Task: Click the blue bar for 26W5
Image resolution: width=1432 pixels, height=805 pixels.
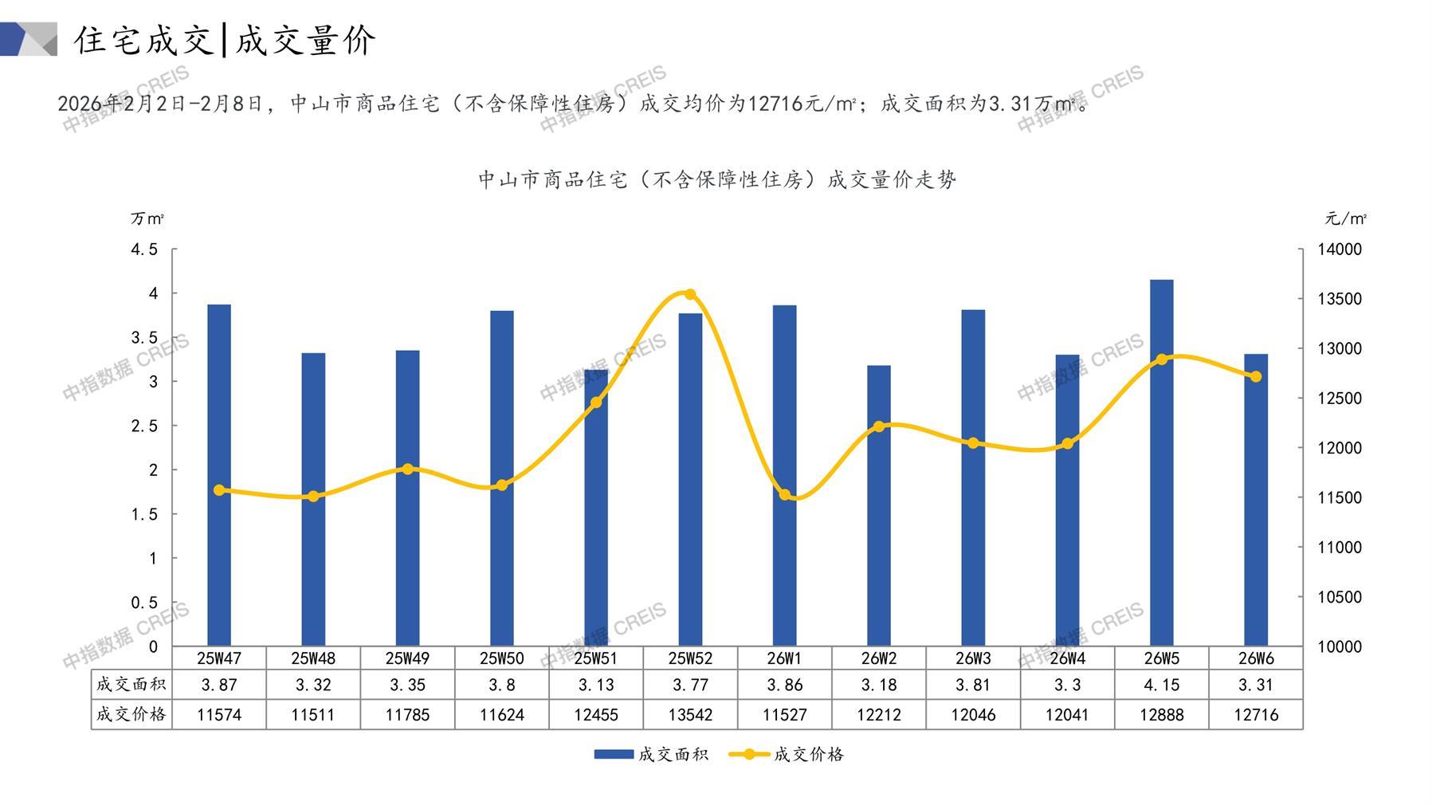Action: (1161, 462)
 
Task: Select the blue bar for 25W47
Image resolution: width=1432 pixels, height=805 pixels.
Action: (219, 475)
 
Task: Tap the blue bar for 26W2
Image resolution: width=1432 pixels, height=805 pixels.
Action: (879, 505)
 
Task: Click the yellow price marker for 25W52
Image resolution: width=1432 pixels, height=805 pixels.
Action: (690, 294)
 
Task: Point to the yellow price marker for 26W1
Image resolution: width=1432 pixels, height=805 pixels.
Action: (785, 495)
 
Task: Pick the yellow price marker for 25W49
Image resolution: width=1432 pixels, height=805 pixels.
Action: (408, 469)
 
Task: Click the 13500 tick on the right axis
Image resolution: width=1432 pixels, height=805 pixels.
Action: (1340, 299)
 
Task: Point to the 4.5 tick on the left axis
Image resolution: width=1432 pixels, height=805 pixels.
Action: (144, 249)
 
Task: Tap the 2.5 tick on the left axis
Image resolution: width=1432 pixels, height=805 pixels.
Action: (144, 426)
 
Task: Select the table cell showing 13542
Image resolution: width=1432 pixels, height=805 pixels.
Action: (690, 715)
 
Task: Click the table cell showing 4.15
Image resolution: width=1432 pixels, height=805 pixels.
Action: (1161, 685)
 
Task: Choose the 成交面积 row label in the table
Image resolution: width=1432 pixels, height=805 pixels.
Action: (131, 684)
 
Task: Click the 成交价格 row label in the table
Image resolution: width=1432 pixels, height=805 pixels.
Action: (131, 714)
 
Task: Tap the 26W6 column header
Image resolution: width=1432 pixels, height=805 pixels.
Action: (1256, 658)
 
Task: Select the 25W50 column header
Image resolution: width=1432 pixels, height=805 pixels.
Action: (502, 658)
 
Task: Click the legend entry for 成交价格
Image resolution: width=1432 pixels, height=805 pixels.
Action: (787, 754)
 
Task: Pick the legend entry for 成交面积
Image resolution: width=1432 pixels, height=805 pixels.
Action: (651, 754)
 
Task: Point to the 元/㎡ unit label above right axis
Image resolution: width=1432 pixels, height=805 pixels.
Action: (1345, 218)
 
